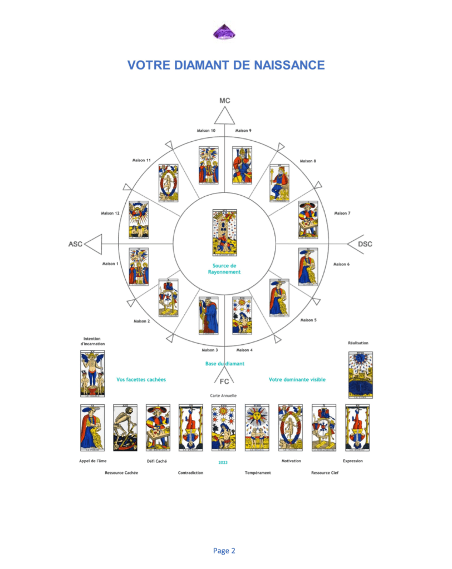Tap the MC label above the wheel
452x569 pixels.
[x=224, y=101]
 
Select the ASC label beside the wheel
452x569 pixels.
[x=76, y=244]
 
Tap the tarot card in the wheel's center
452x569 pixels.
[x=224, y=232]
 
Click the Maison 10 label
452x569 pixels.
[x=205, y=131]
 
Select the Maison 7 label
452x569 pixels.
[x=341, y=213]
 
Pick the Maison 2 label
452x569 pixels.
[x=141, y=321]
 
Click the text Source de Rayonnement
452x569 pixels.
[x=224, y=269]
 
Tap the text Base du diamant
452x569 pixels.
[x=225, y=363]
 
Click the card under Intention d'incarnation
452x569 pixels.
[x=92, y=373]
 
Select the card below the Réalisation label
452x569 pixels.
[x=360, y=375]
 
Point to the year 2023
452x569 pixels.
[x=224, y=462]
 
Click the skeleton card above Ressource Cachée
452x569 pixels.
[x=125, y=427]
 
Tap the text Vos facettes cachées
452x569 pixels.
[x=141, y=379]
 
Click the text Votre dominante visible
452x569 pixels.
[x=297, y=379]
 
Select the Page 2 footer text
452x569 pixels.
[x=224, y=551]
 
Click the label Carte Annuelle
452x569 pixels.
[x=224, y=395]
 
